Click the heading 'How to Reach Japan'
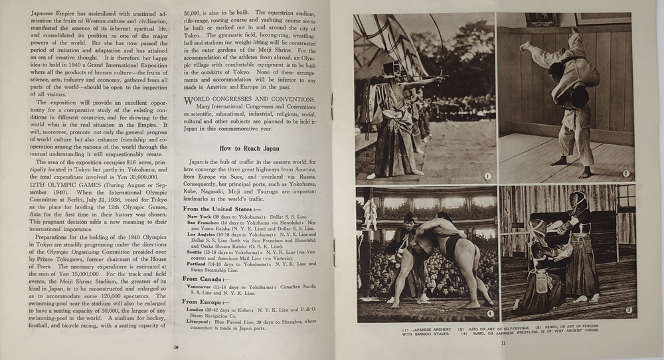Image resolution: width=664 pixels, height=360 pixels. [x=249, y=149]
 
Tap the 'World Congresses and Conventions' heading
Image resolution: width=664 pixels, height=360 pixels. [x=250, y=99]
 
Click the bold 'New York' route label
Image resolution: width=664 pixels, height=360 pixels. [x=201, y=217]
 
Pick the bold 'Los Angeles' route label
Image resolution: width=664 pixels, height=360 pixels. [x=204, y=235]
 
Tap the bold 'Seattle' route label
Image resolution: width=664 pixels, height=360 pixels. [x=197, y=252]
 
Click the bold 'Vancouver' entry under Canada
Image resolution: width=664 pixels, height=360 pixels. [x=203, y=287]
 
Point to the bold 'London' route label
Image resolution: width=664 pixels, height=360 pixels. [x=199, y=310]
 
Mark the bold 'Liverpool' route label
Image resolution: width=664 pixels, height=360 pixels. [x=201, y=321]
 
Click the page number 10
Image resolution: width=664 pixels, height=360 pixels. [x=176, y=347]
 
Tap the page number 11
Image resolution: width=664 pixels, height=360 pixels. [x=503, y=343]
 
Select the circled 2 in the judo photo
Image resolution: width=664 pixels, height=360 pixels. [x=625, y=174]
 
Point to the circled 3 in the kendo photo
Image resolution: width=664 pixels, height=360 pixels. [x=627, y=310]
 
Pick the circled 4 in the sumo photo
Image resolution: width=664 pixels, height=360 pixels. [x=489, y=314]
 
